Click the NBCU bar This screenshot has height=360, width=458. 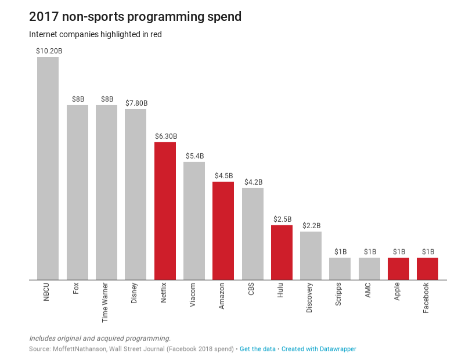(x=48, y=168)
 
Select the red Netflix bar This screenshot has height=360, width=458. (x=165, y=211)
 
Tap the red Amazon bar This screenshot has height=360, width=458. (x=223, y=231)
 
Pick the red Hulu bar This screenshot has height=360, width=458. (x=282, y=252)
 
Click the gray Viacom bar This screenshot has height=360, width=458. (x=194, y=221)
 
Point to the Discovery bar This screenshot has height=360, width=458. (x=311, y=255)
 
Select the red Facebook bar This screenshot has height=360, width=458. (x=427, y=268)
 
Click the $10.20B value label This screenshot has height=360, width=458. (x=49, y=51)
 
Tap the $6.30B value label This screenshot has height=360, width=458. (x=165, y=136)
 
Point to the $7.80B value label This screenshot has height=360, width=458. (x=136, y=103)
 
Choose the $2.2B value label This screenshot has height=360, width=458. (x=311, y=226)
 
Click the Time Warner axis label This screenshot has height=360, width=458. (x=105, y=303)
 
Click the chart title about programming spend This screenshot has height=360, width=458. (x=135, y=17)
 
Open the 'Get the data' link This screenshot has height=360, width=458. (x=258, y=349)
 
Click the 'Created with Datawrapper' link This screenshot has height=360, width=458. (x=319, y=349)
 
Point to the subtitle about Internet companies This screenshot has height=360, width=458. (x=95, y=35)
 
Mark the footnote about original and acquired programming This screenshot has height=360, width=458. (x=100, y=338)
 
